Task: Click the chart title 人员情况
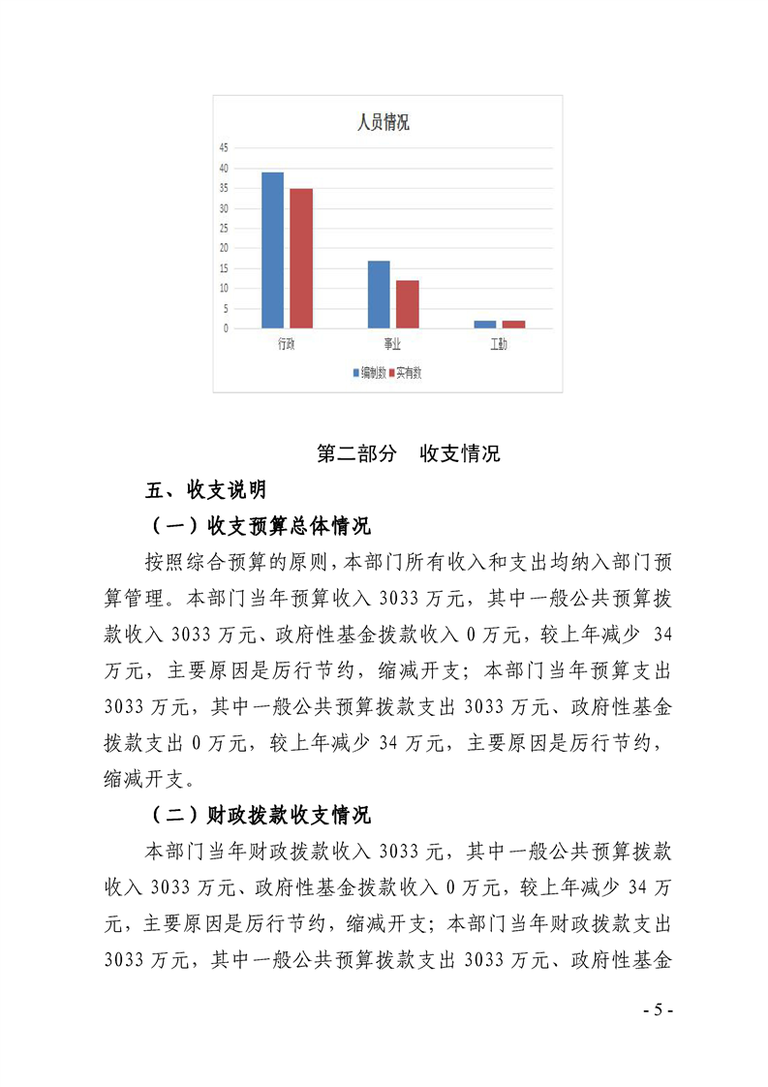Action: [383, 123]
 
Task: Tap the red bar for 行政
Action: [301, 258]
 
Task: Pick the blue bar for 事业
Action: [379, 294]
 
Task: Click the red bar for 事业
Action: [408, 303]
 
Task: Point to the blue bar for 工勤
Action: [484, 325]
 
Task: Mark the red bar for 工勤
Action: [513, 325]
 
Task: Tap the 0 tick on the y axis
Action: [225, 328]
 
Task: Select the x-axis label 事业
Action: [392, 346]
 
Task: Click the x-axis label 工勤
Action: [499, 346]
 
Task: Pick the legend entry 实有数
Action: [408, 373]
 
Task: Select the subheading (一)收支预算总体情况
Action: [260, 526]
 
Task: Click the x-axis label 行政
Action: [286, 346]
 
